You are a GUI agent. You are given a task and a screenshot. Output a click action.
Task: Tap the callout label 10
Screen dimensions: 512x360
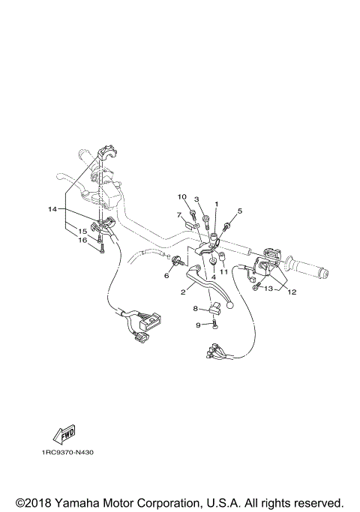(x=181, y=196)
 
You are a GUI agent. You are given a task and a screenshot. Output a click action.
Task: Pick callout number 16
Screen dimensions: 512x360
(x=83, y=240)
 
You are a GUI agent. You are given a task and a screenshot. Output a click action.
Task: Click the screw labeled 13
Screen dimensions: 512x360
(x=256, y=286)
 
